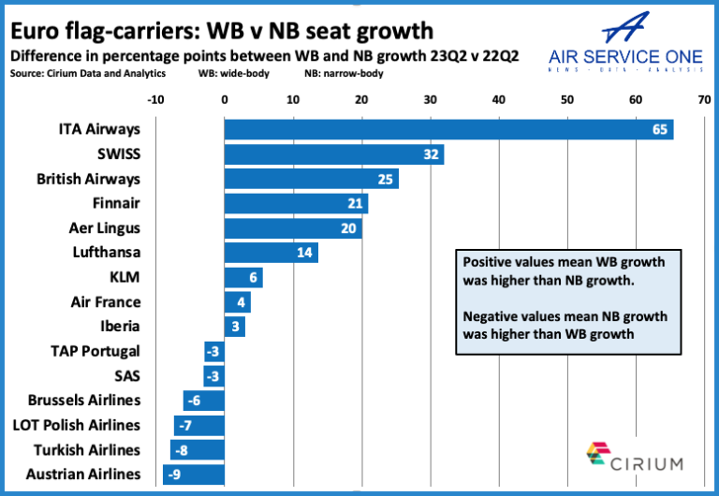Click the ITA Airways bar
click(x=448, y=129)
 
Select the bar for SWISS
click(x=333, y=153)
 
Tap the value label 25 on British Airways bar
click(x=386, y=179)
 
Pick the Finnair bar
click(x=296, y=203)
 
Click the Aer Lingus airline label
click(x=105, y=227)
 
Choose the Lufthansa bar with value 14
click(x=271, y=253)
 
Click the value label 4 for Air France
click(x=242, y=302)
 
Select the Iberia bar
click(x=234, y=327)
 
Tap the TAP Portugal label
click(x=95, y=351)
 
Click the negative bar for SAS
click(x=214, y=376)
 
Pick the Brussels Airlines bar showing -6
click(x=204, y=401)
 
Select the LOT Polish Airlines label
click(x=77, y=425)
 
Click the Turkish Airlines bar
click(x=198, y=450)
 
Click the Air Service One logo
click(x=626, y=42)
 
